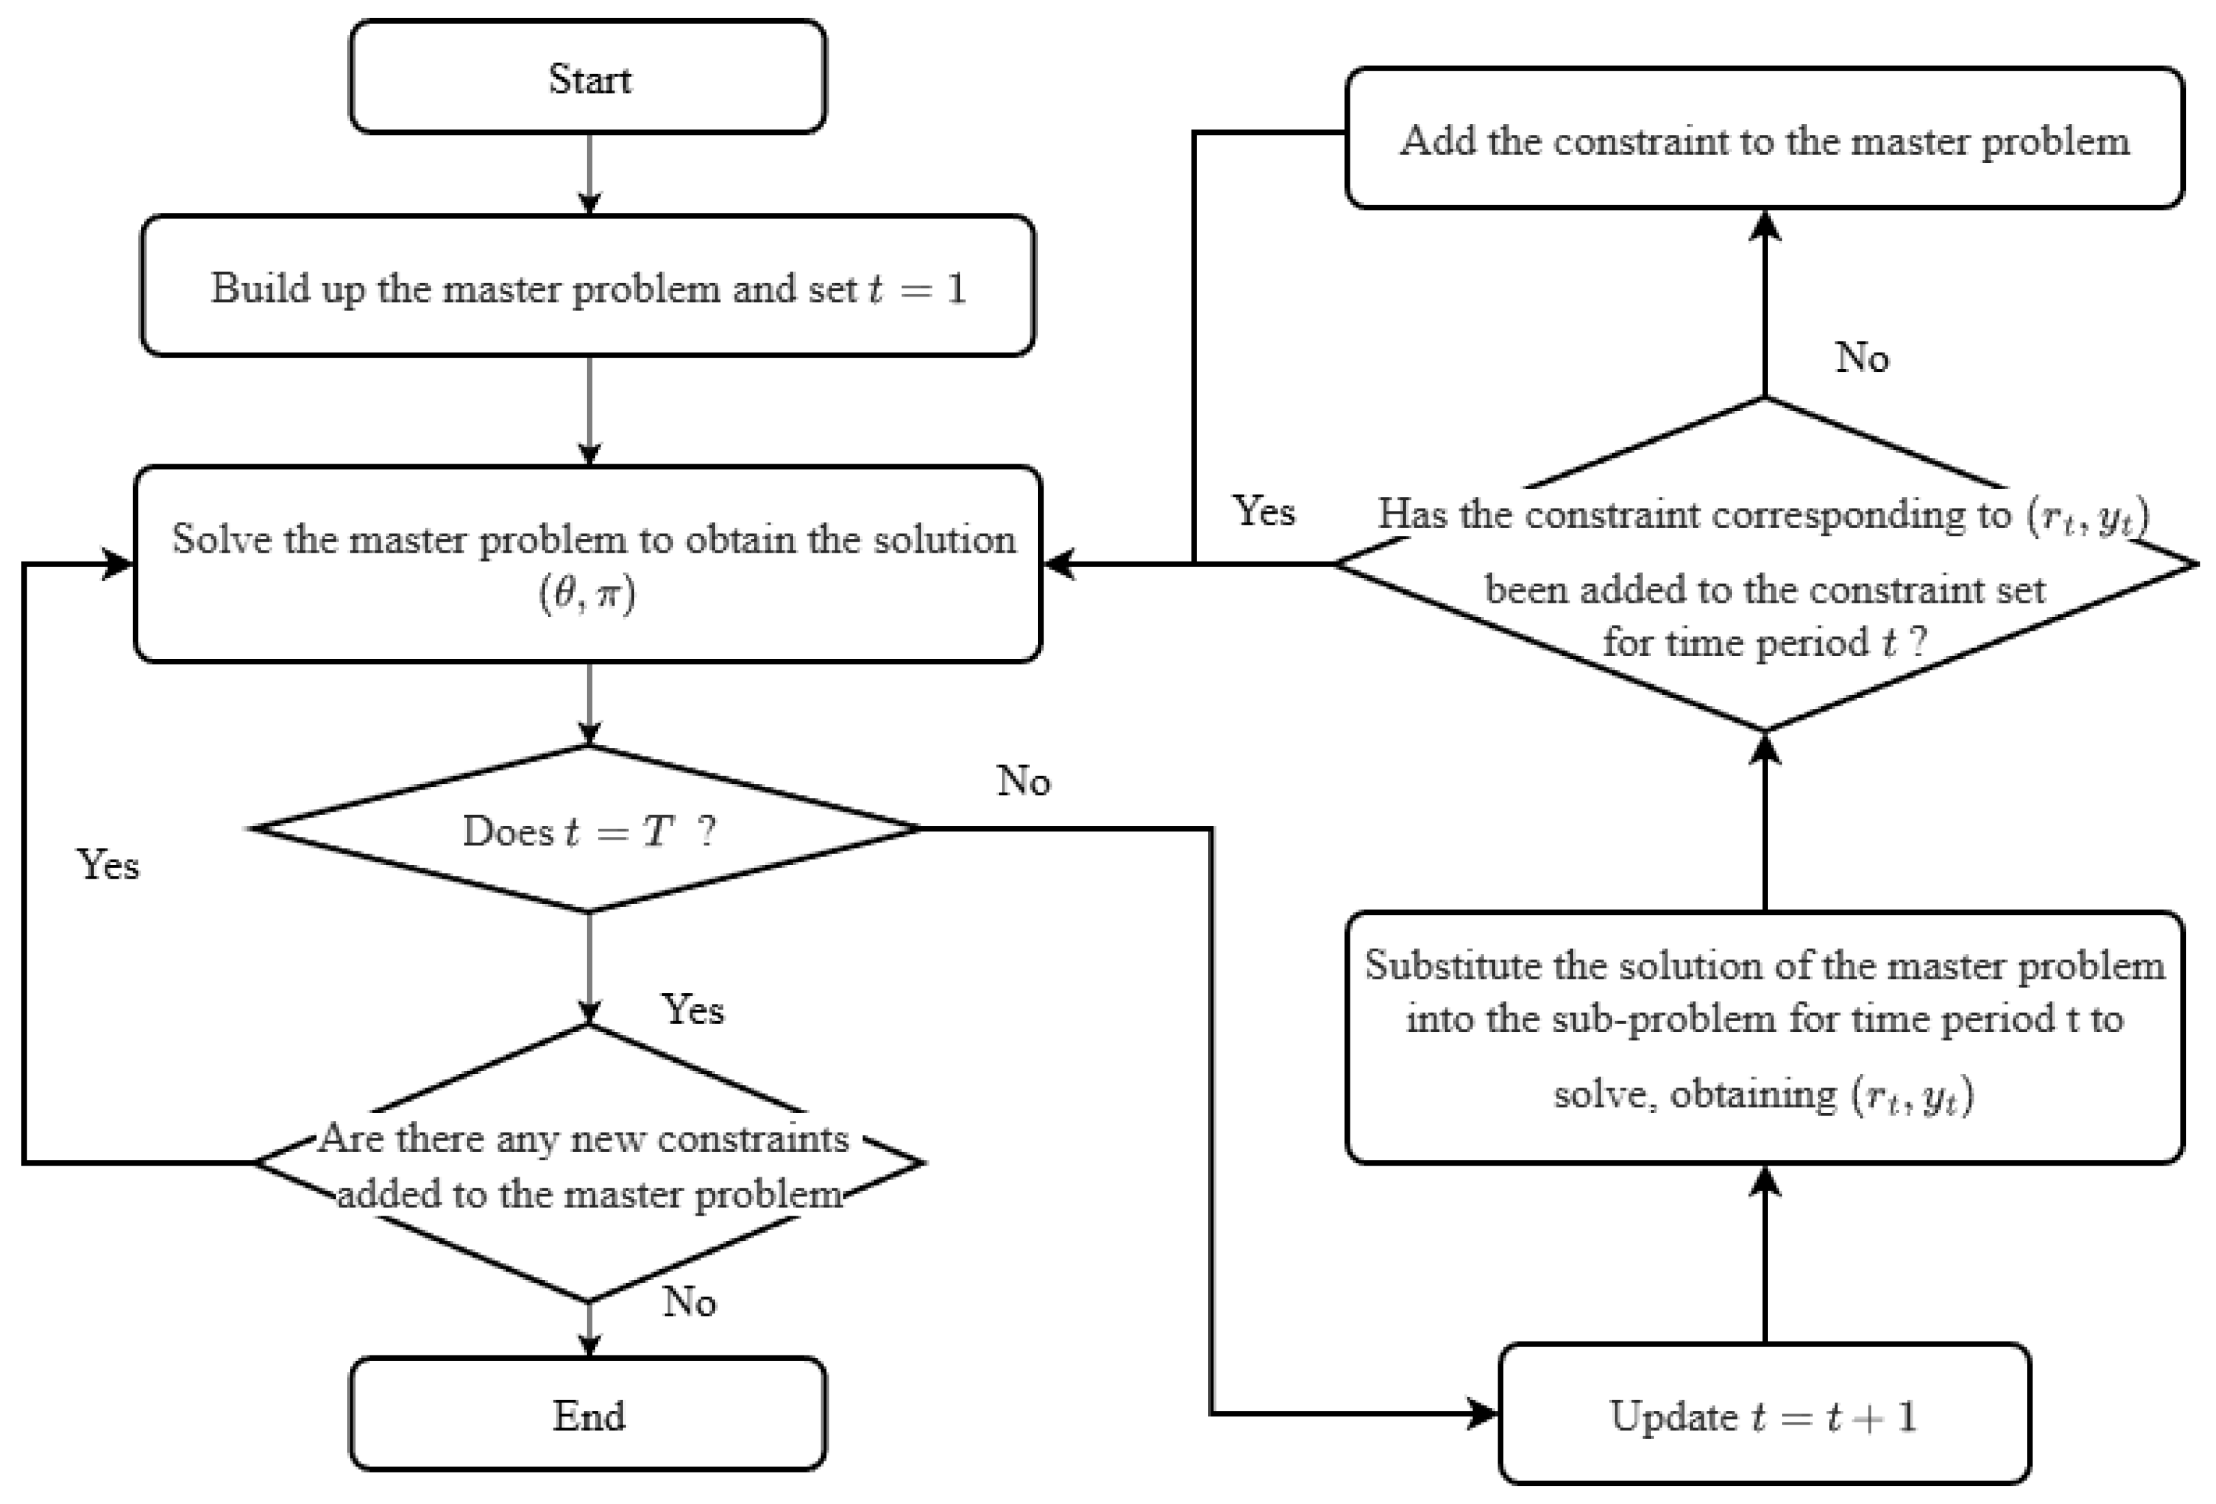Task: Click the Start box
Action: pos(588,76)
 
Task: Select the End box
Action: pos(588,1414)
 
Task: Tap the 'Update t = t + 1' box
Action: pos(1764,1414)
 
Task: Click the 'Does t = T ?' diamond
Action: pos(588,829)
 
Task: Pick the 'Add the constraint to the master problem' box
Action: pos(1764,138)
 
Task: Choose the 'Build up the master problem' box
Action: pos(588,286)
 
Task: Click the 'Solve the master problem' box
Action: pos(588,564)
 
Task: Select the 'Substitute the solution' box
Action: pos(1764,1038)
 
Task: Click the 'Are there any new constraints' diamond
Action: pos(588,1162)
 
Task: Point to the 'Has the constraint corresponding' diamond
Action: pos(1764,564)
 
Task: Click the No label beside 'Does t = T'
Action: pos(1023,781)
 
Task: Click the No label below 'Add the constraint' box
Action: pos(1861,358)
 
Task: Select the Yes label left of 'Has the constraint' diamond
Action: pos(1263,511)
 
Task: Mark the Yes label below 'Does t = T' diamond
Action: pos(693,1009)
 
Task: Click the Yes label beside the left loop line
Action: pos(108,865)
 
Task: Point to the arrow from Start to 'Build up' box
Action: pos(590,173)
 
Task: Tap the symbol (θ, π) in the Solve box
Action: pos(588,595)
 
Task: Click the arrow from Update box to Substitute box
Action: pos(1765,1253)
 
